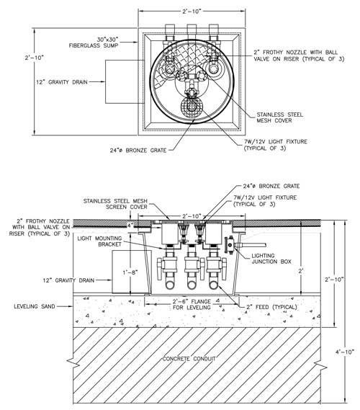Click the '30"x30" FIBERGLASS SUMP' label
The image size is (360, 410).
tap(94, 43)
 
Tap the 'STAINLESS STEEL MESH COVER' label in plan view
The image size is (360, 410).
tap(280, 117)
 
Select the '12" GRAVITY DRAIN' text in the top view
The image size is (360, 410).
tap(62, 82)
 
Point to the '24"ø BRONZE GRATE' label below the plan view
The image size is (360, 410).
tap(138, 151)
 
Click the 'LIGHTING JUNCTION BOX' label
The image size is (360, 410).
tap(271, 259)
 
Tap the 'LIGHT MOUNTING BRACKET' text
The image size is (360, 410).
tap(99, 241)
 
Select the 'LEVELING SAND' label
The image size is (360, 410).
tap(35, 306)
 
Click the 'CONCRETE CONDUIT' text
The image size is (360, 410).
tap(189, 359)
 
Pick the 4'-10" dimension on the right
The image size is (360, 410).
tap(345, 352)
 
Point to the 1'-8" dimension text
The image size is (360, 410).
tap(130, 272)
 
